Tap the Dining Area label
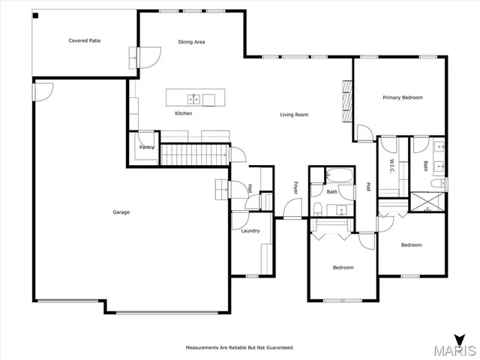[191, 42]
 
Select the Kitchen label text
[183, 113]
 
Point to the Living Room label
[294, 115]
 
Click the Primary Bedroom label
[402, 97]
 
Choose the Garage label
[121, 212]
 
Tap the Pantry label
[147, 147]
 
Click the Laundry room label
[250, 231]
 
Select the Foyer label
[295, 187]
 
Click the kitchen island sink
[193, 98]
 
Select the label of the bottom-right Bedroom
[411, 245]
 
